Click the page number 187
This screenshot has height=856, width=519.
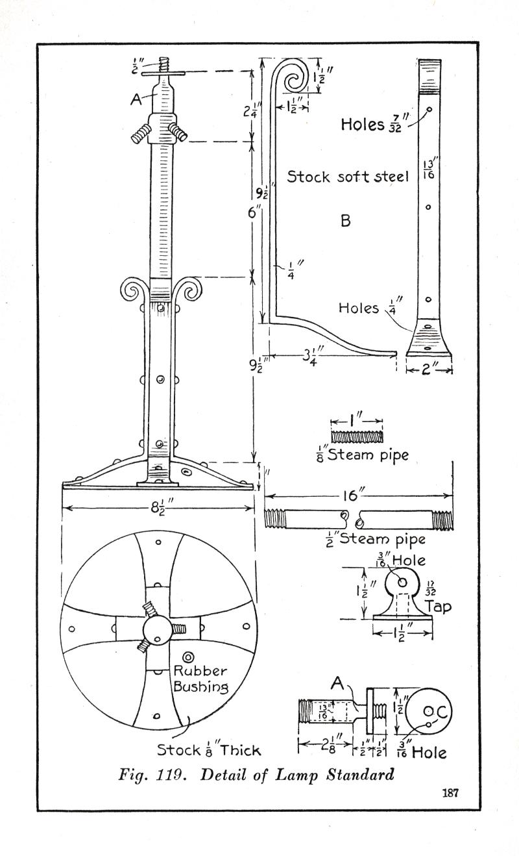point(451,792)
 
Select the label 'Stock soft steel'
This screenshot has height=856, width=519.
point(348,177)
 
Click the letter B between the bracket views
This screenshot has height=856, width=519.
point(346,221)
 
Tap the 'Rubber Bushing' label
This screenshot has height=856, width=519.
point(199,679)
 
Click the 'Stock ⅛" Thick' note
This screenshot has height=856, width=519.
point(208,750)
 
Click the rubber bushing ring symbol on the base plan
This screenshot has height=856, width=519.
point(189,657)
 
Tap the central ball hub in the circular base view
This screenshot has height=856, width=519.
point(158,629)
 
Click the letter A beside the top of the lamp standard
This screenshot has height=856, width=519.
point(136,99)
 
